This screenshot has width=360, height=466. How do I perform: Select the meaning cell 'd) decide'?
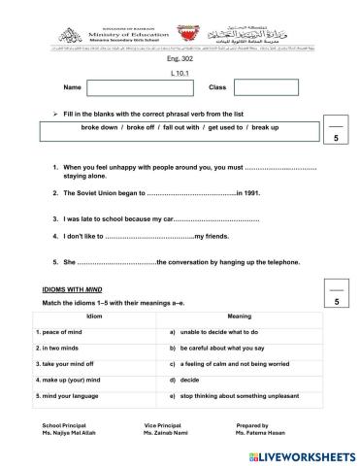click(x=193, y=380)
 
